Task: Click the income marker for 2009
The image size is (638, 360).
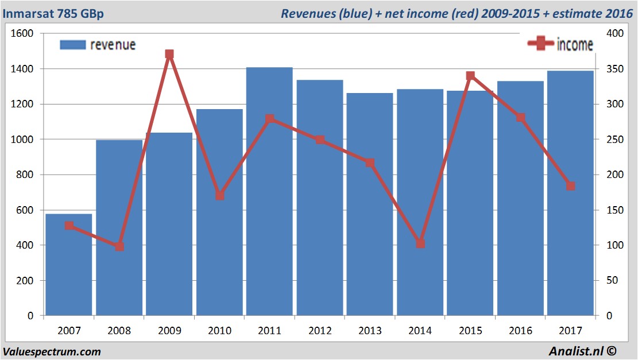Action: [169, 55]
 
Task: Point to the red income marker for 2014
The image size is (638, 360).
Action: [420, 243]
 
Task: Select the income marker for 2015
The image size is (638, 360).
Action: [470, 76]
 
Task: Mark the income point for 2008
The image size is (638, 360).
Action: [119, 246]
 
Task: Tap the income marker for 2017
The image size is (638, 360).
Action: [570, 186]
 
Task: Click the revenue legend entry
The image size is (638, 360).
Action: [98, 45]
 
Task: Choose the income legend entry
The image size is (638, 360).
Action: [560, 45]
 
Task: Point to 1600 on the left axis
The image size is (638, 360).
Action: [22, 34]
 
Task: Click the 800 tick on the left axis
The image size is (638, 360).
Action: [25, 175]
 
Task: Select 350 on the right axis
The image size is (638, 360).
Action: [614, 69]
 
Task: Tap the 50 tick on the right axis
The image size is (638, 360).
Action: [612, 281]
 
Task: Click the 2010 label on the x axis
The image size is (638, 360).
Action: [219, 331]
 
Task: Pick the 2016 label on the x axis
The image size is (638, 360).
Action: [520, 331]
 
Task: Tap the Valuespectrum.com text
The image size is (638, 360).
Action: [52, 351]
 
